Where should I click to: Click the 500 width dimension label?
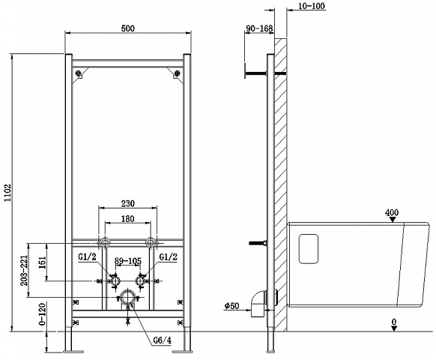(128, 28)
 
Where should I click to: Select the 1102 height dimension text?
(7, 193)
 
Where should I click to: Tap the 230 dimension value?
(128, 203)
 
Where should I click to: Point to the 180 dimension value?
(128, 219)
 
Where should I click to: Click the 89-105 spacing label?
(128, 261)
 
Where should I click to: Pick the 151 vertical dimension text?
(43, 262)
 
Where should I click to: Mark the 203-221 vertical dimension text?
(24, 270)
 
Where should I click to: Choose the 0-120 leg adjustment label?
(42, 314)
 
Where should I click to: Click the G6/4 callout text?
(163, 340)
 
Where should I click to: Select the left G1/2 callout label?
(87, 256)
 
